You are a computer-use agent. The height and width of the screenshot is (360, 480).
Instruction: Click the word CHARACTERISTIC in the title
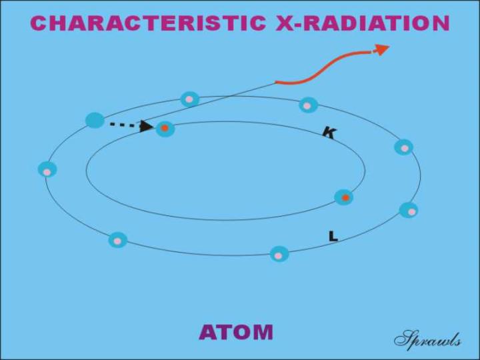tap(148, 23)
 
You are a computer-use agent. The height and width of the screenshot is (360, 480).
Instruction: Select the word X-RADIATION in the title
tap(363, 23)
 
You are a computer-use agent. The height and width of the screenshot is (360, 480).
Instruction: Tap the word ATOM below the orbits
tap(236, 332)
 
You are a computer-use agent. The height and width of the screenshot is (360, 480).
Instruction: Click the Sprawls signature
tap(427, 340)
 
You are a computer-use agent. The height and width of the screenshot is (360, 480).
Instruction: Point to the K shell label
tap(330, 133)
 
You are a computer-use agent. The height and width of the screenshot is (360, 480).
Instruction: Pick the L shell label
tap(333, 236)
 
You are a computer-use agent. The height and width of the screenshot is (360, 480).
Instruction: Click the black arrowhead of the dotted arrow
tap(146, 126)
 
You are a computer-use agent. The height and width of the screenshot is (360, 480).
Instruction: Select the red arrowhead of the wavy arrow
tap(381, 49)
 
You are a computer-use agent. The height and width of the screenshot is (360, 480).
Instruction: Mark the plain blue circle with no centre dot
tap(95, 120)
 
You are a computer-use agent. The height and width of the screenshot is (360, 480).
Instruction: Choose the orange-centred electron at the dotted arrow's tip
tap(165, 129)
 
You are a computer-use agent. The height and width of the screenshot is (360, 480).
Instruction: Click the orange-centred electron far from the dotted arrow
tap(344, 197)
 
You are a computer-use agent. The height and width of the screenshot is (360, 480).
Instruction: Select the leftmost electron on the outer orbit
tap(47, 169)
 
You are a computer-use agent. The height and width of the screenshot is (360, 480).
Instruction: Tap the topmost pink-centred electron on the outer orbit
tap(190, 99)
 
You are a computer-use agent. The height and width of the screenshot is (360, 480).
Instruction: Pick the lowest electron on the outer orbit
tap(279, 255)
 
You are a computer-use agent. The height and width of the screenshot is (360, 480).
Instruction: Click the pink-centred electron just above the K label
tap(308, 105)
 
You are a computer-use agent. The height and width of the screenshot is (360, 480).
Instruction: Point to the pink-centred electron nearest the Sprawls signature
tap(409, 210)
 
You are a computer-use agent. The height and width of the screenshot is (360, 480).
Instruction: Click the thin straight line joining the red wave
tap(209, 102)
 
